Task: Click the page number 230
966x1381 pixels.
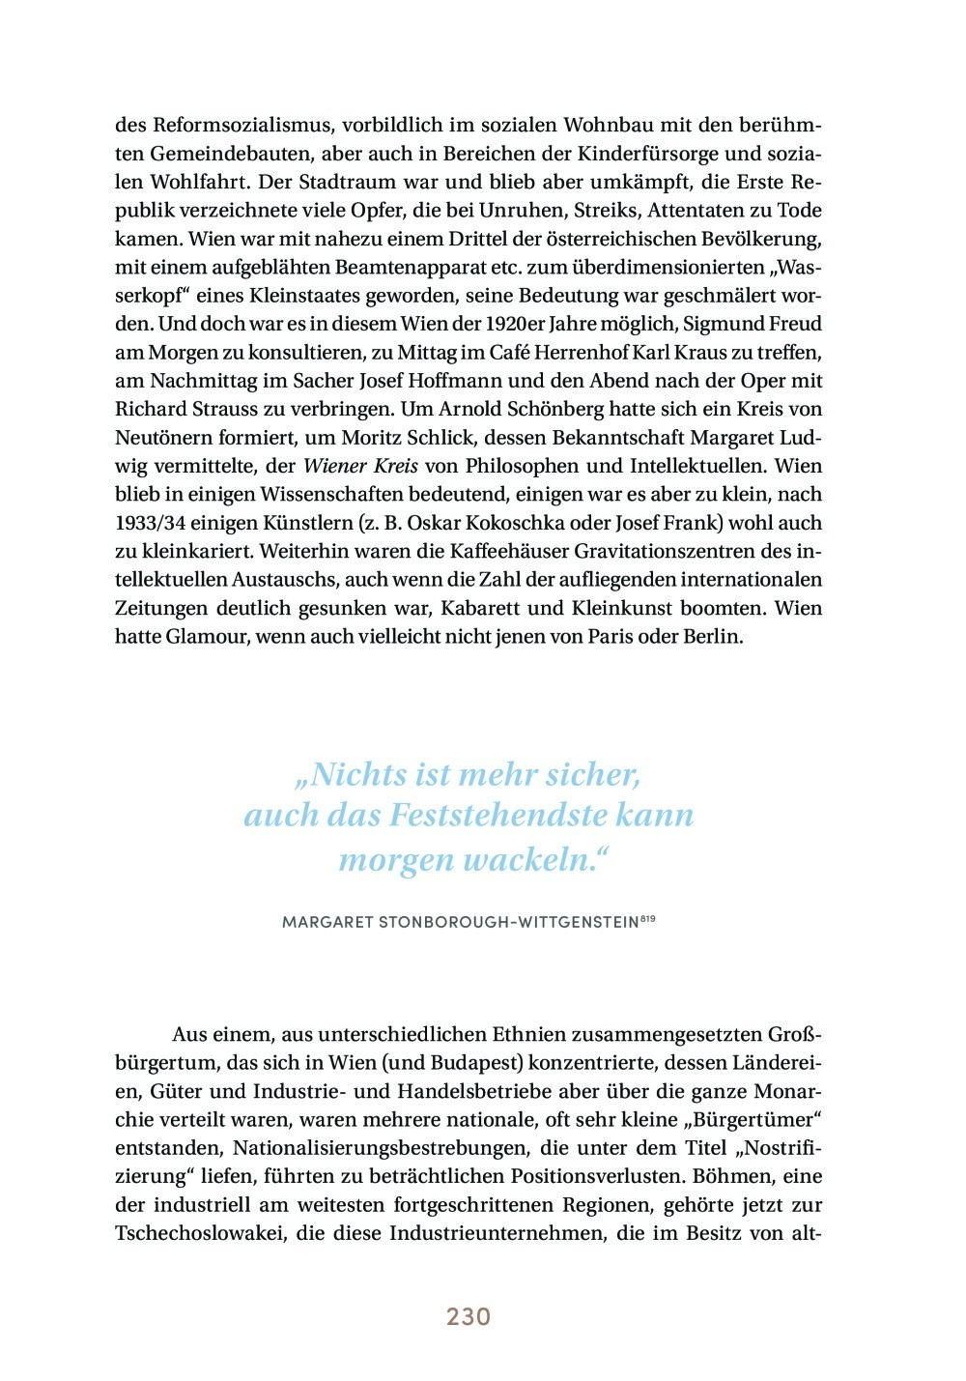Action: coord(469,1316)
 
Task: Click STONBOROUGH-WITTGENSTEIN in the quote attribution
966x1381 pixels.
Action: coord(508,923)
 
